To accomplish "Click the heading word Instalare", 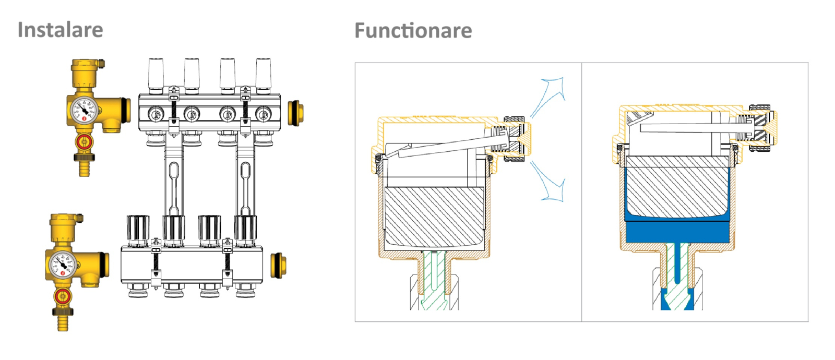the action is [x=61, y=30].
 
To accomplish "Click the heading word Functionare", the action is [x=413, y=30].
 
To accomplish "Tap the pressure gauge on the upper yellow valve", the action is [x=84, y=110].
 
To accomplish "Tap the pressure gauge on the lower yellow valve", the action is [x=63, y=265].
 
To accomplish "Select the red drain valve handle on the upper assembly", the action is [x=85, y=142].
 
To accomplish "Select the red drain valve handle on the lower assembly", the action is [x=63, y=297].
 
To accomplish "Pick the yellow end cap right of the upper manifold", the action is [x=295, y=113].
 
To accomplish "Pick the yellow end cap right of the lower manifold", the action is [x=279, y=266].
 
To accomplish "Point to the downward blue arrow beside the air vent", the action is [x=548, y=182].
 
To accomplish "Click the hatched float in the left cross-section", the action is [x=434, y=216].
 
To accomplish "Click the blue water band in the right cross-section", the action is [x=677, y=232].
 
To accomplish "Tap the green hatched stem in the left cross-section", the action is [x=434, y=280].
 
